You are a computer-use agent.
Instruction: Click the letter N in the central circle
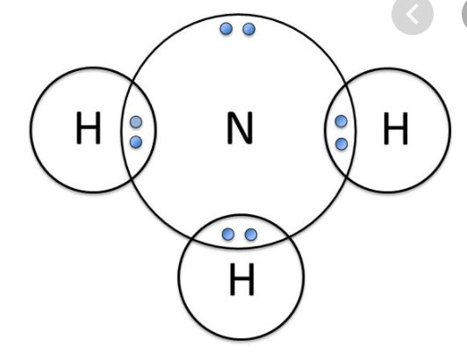point(240,128)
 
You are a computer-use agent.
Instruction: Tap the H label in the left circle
point(89,128)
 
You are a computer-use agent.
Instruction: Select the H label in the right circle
point(396,128)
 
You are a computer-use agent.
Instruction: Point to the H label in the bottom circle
point(242,279)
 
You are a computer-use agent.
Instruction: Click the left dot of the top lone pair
point(226,29)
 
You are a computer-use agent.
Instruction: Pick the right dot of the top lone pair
point(249,29)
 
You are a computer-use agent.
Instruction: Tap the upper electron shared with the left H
point(136,122)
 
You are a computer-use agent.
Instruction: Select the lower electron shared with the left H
point(136,142)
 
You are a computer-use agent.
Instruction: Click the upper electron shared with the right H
point(341,121)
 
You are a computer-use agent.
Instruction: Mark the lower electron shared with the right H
point(341,144)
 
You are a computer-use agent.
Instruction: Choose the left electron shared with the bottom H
point(228,234)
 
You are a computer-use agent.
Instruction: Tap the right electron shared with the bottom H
point(251,234)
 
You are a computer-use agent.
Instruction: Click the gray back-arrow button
point(413,14)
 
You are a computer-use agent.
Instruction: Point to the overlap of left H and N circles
point(139,130)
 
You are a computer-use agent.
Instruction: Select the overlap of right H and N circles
point(340,131)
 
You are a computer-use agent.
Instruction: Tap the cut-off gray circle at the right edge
point(464,14)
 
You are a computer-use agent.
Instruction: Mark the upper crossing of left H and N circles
point(133,80)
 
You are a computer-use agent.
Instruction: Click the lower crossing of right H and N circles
point(346,177)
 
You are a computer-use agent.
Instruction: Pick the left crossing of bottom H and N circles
point(192,239)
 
